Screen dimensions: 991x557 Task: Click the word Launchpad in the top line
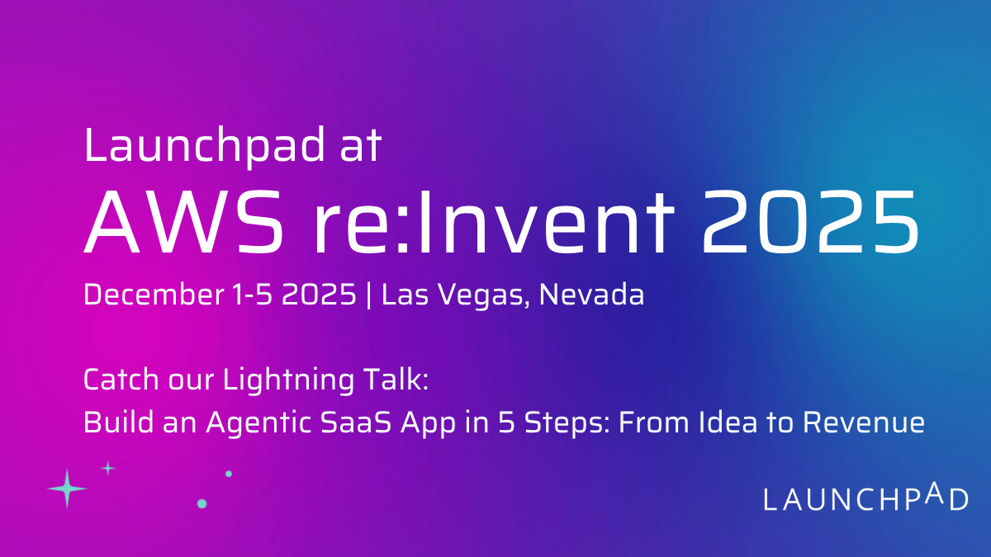(205, 147)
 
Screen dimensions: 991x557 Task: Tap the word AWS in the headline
(183, 221)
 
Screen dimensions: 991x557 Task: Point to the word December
(154, 294)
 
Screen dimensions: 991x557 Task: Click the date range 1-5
(252, 295)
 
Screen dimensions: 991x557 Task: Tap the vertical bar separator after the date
(369, 295)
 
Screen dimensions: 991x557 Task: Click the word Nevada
(591, 294)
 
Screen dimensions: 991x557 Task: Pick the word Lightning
(288, 380)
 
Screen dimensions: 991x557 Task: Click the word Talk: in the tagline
(396, 379)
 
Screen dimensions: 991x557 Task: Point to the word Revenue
(864, 422)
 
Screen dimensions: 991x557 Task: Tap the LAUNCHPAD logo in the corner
(865, 498)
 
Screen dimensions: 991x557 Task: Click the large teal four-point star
(67, 489)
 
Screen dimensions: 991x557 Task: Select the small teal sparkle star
(107, 468)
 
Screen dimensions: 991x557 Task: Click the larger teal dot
(202, 503)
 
